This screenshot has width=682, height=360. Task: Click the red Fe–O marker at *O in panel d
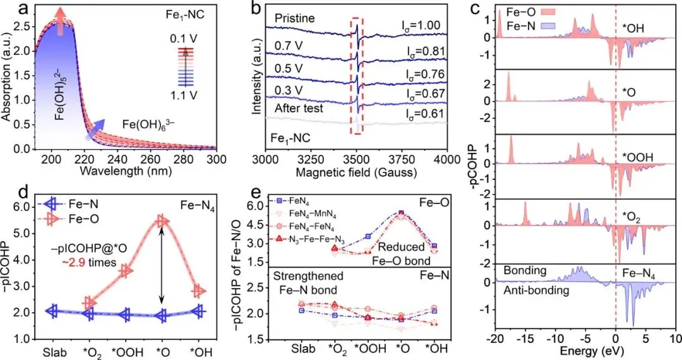coord(162,221)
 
